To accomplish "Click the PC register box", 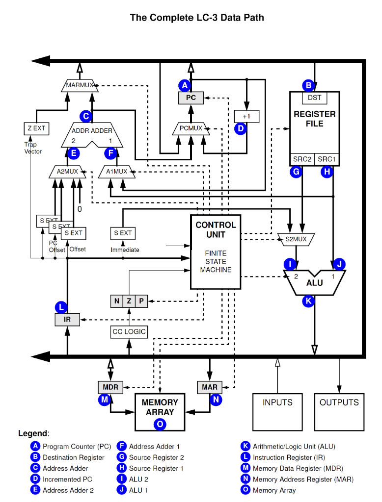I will click(x=191, y=98).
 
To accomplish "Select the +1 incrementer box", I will click(x=246, y=116).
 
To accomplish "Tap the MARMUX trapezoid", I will click(x=80, y=85).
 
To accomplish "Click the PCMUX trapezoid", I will click(x=191, y=128).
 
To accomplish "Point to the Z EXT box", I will click(x=36, y=128).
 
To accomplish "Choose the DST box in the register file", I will click(x=314, y=98).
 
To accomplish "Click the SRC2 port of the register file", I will click(x=302, y=159).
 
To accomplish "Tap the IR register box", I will click(x=67, y=320).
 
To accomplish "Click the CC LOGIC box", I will click(x=129, y=332).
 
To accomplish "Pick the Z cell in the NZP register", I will click(x=129, y=301).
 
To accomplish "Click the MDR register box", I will click(x=110, y=387).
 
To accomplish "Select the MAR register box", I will click(x=210, y=387).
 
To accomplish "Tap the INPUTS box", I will click(x=277, y=411).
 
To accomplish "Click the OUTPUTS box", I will click(x=339, y=411).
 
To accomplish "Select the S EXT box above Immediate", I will click(x=123, y=233).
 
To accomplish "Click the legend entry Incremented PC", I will click(x=67, y=479).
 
